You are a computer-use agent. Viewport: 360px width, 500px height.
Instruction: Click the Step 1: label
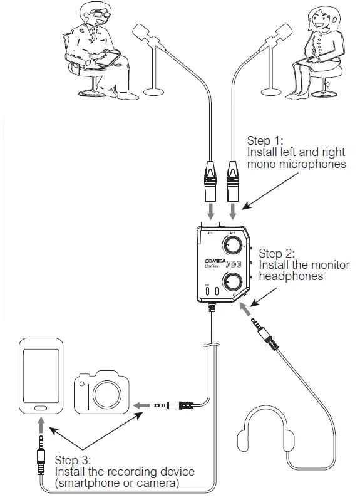click(264, 142)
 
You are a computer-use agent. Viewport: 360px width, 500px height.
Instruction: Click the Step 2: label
click(275, 254)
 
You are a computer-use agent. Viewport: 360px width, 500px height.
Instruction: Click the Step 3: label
click(73, 460)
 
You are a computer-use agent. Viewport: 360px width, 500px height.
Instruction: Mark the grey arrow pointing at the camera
click(143, 406)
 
